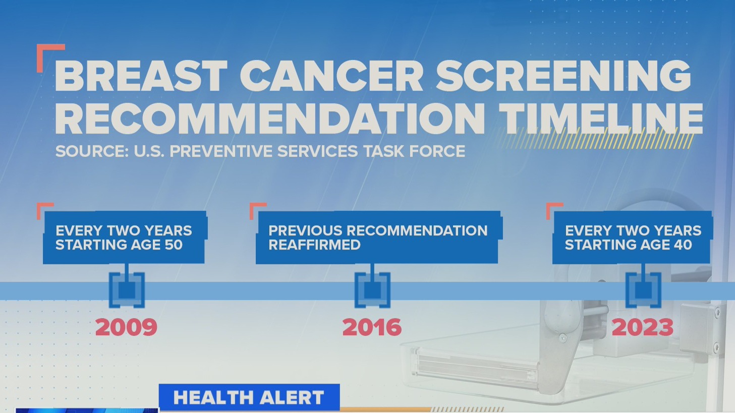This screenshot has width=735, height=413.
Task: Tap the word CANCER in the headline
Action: coord(331,76)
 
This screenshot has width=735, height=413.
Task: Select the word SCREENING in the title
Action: coord(563,76)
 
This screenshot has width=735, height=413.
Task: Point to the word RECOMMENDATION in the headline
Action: coord(270,118)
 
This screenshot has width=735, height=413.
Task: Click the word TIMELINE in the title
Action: coord(601,118)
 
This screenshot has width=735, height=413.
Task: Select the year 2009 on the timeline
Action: coord(126,327)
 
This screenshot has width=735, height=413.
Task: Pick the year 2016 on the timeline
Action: coord(372,327)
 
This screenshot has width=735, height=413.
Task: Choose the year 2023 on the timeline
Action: coord(642,327)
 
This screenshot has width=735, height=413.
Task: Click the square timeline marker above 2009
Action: coord(127,290)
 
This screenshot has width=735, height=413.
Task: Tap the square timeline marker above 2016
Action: coord(372,290)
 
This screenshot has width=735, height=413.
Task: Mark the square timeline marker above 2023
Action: coord(643,290)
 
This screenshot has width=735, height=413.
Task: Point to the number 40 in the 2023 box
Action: coord(682,245)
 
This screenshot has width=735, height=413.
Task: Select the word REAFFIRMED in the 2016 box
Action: coord(314,245)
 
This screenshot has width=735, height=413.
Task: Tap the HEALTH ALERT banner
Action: coord(249,398)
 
